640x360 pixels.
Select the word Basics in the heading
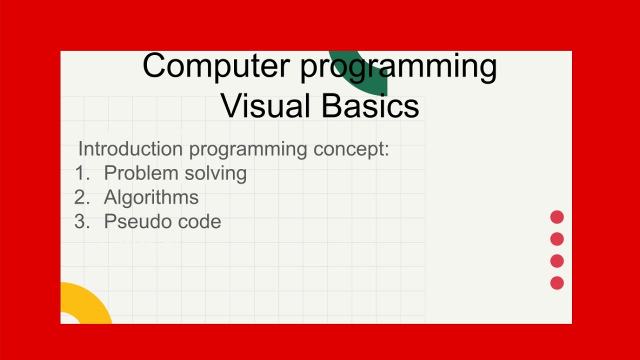(370, 105)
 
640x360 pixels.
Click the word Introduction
(130, 149)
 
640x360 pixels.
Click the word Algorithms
(151, 197)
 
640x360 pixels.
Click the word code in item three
(199, 221)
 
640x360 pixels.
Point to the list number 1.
(81, 173)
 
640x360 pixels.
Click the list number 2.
(81, 197)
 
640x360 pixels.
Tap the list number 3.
(81, 221)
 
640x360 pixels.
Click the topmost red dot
(557, 217)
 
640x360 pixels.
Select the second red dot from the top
(557, 239)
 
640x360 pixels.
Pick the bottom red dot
(557, 283)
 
